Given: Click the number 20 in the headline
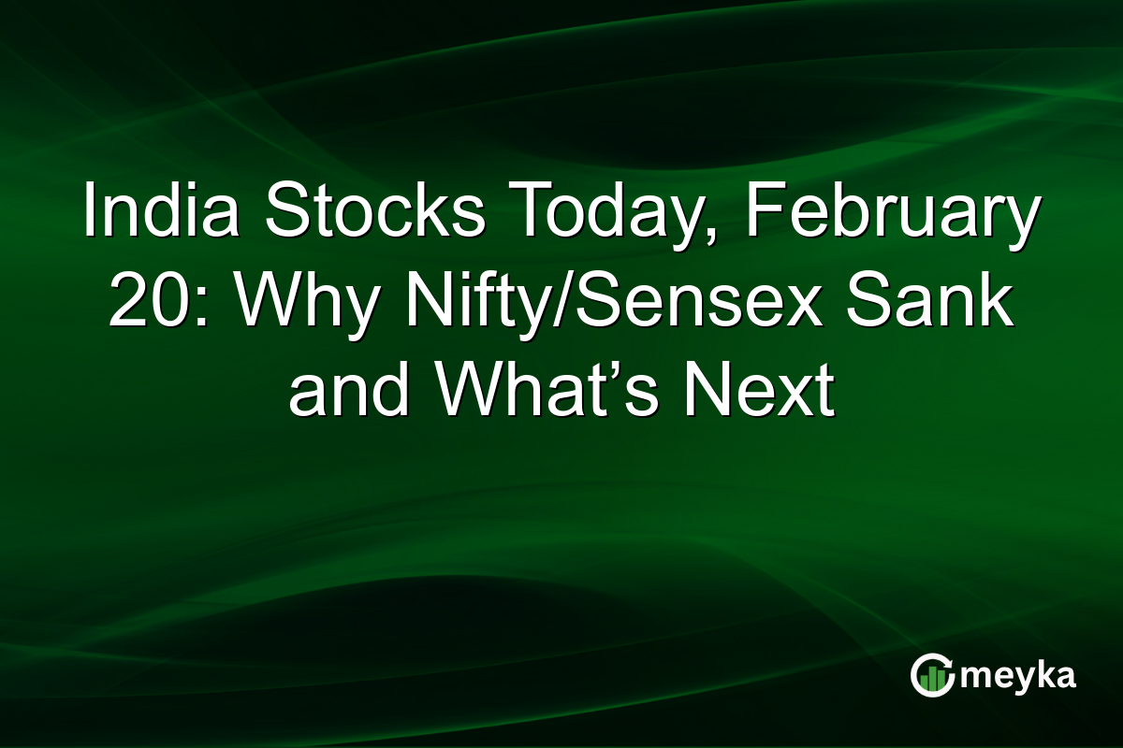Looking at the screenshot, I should (x=141, y=303).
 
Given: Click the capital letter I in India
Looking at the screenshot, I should (x=89, y=213).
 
